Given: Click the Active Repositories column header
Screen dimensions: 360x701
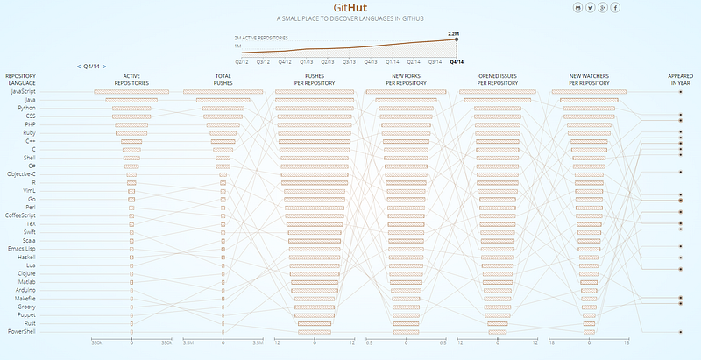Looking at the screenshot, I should [x=131, y=79].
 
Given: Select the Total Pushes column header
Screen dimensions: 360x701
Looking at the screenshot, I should [x=223, y=79].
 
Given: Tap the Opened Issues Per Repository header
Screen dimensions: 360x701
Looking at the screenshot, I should [x=498, y=79].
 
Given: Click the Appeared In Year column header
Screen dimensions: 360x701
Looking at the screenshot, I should [x=680, y=79].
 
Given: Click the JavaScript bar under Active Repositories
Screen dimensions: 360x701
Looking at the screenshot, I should [x=131, y=91].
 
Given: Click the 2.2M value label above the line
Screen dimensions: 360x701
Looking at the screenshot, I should [x=453, y=33].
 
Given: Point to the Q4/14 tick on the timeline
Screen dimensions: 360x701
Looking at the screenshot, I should [x=457, y=62].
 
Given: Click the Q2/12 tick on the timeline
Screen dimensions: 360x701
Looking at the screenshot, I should [x=242, y=62].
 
